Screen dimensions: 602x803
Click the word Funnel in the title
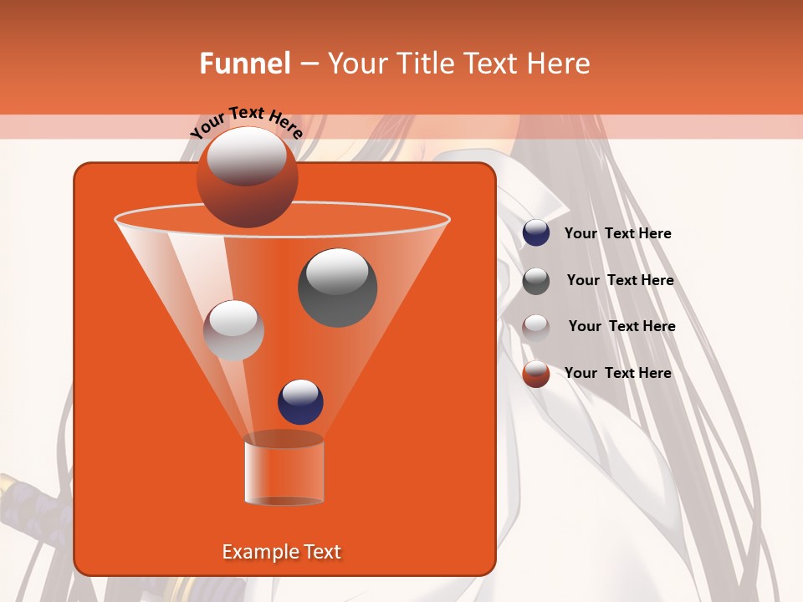point(245,64)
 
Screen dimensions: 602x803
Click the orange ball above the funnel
point(247,176)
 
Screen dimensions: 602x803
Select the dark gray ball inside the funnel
point(337,288)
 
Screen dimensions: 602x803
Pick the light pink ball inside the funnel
point(234,330)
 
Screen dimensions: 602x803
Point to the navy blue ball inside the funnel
point(300,401)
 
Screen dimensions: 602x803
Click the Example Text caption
point(282,552)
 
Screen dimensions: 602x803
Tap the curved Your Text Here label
point(247,123)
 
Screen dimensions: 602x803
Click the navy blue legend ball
point(536,233)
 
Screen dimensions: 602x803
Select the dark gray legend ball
point(536,281)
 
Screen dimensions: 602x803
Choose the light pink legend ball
point(536,327)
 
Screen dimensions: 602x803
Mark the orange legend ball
point(536,374)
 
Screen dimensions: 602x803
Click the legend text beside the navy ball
point(617,234)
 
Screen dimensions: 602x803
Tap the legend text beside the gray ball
point(620,281)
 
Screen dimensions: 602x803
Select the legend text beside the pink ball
point(621,327)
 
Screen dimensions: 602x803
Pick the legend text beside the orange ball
point(617,373)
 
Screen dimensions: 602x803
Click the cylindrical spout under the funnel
point(284,472)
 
